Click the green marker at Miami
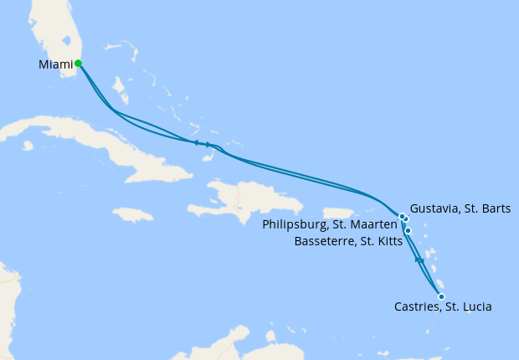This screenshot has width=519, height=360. pos(78,63)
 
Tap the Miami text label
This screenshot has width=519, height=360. pos(55,64)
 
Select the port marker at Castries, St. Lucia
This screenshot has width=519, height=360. pos(441,296)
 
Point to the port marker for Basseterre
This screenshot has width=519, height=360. pos(409,230)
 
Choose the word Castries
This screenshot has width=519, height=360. pos(418,307)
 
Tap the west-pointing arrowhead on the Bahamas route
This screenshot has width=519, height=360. pos(196,143)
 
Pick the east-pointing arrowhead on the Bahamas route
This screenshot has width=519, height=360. pos(208,145)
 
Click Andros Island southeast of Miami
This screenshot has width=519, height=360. pos(120,86)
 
